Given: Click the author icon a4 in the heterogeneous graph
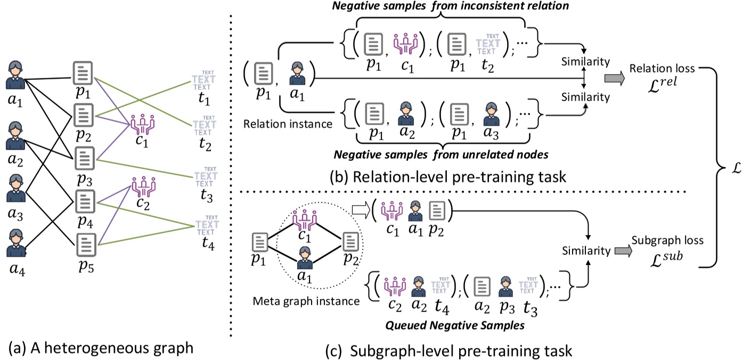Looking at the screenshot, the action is (x=16, y=243).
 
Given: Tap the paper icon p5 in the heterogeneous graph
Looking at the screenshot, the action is (x=86, y=245).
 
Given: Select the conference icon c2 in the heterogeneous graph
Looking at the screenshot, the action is (x=144, y=187).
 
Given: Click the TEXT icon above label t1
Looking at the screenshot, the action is (x=203, y=80).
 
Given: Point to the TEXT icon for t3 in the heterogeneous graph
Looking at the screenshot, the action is (x=206, y=177).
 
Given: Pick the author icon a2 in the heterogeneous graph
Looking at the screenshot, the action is (x=15, y=136).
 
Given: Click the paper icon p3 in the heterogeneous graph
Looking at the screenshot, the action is (x=85, y=158).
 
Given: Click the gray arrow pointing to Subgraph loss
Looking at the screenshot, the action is (x=623, y=251).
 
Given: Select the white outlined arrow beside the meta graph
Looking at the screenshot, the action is (x=361, y=211).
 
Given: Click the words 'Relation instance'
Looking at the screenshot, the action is (x=288, y=124).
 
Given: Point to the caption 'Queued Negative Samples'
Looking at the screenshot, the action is (x=455, y=325).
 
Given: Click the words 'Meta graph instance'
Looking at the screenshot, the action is (x=306, y=301).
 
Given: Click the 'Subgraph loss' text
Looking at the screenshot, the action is (x=667, y=240).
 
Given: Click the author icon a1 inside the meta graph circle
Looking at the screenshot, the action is (x=305, y=258).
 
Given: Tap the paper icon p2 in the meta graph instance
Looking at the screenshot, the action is (x=350, y=241).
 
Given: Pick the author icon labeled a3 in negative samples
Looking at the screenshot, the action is (x=491, y=114).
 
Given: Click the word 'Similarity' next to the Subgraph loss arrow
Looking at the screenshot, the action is (x=586, y=251).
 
